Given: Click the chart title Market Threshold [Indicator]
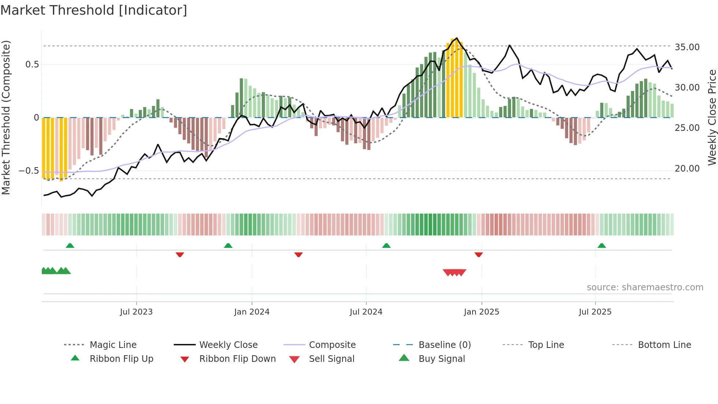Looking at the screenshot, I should [94, 10].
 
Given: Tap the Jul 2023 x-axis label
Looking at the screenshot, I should [136, 312].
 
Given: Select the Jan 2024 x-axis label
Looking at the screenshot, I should [252, 312].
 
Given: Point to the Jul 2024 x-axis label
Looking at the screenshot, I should [366, 312].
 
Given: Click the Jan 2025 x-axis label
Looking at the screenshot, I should [481, 312].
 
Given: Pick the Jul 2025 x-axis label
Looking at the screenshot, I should [595, 312].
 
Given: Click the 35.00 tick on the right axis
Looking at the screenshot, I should [687, 47].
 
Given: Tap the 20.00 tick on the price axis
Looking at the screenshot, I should [687, 169].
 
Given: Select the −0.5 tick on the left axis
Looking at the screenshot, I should [29, 171].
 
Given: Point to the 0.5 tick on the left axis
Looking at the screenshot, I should [32, 65].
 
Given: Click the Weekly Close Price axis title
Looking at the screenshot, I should [712, 117].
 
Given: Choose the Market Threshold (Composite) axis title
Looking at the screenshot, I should [6, 117].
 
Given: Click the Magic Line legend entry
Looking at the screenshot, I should [113, 345].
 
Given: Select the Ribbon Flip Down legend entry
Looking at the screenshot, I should [237, 359].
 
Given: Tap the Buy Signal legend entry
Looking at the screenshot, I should [441, 359].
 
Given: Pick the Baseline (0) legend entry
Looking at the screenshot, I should [444, 345].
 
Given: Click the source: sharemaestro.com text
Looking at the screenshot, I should [645, 287].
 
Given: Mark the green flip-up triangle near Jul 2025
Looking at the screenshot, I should [602, 246].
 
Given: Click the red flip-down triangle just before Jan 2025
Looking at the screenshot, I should [478, 254].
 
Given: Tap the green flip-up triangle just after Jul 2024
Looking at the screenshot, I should [386, 246].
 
